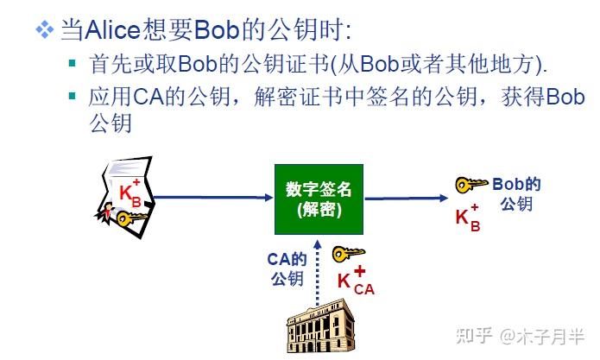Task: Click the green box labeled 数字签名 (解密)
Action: point(318,199)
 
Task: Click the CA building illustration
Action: point(320,327)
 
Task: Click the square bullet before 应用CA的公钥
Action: point(73,95)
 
